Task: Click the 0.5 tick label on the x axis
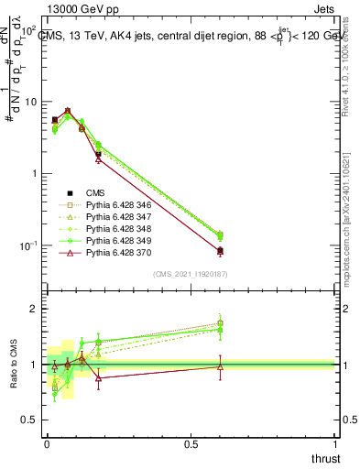(x=191, y=443)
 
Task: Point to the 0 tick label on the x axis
(x=47, y=443)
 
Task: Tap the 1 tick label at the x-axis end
(x=336, y=443)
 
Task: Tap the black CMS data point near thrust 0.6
(x=220, y=250)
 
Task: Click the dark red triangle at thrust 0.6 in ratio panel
(x=220, y=366)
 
